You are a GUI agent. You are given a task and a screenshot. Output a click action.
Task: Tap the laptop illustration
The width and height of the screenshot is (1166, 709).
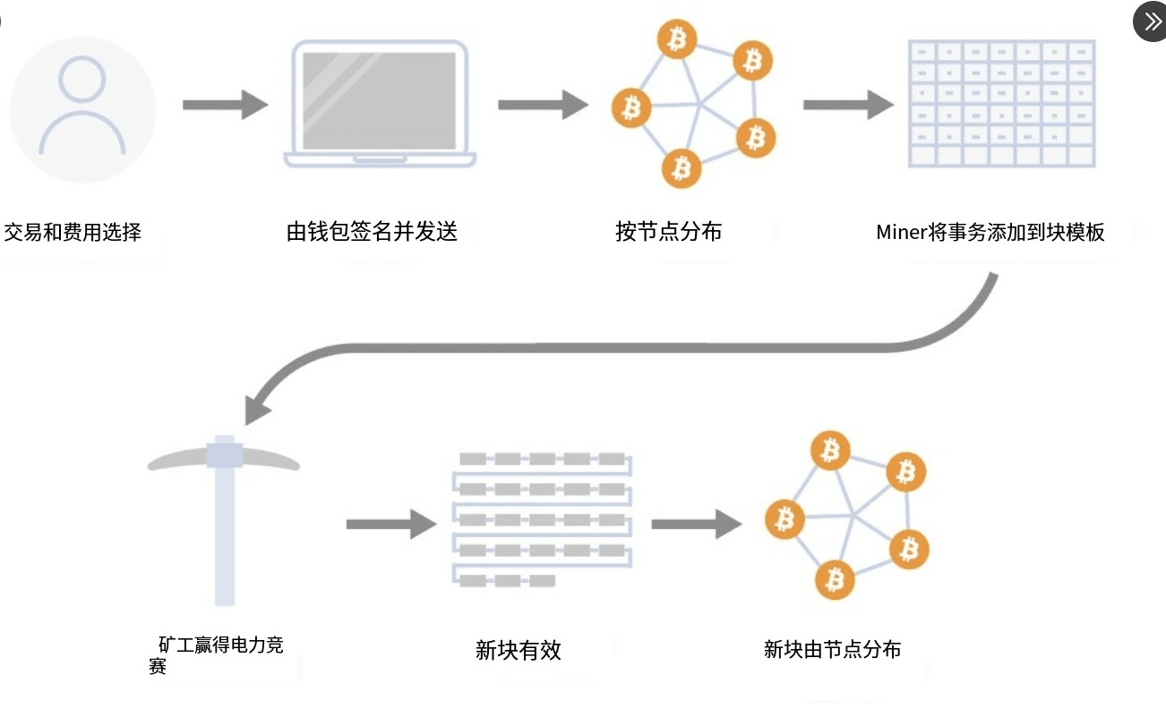[380, 104]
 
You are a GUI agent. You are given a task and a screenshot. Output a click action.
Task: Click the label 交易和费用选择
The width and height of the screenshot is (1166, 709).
[73, 233]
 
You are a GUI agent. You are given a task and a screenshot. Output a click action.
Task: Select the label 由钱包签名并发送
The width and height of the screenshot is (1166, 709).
[372, 232]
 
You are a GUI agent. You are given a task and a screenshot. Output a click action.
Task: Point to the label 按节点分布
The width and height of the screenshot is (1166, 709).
[668, 232]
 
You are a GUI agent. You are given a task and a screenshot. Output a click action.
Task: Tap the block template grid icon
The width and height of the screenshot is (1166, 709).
[1001, 103]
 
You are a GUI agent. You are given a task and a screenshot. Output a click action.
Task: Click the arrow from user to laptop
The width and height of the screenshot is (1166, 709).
[225, 105]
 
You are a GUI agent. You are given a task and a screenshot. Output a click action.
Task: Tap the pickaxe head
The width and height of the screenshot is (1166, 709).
[223, 455]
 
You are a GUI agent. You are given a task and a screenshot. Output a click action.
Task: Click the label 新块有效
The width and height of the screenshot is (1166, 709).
[519, 651]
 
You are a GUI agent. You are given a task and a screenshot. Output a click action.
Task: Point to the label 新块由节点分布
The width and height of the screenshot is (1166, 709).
[832, 650]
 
